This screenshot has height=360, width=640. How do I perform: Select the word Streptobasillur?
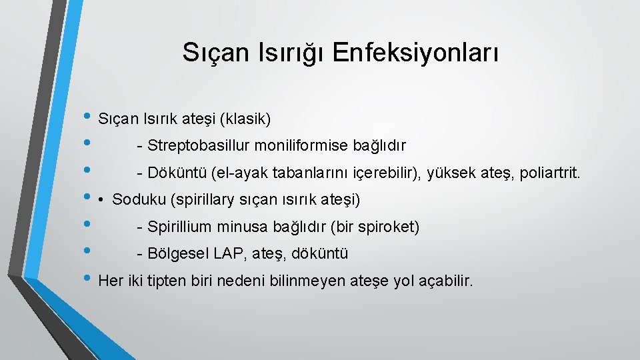point(193,145)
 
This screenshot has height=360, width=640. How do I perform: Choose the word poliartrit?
point(552,174)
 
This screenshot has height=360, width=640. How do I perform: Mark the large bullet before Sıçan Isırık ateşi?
point(89,117)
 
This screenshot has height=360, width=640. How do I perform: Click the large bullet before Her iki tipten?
point(89,279)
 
